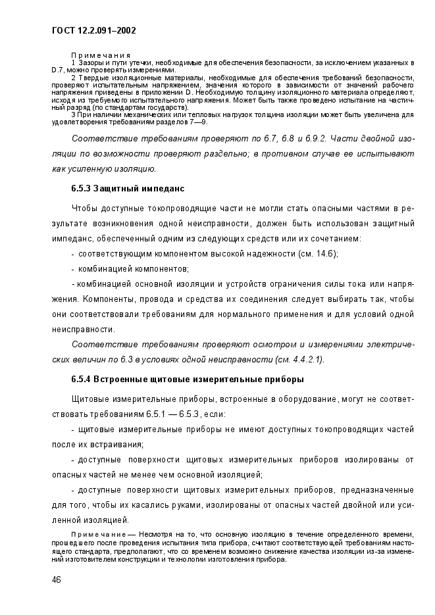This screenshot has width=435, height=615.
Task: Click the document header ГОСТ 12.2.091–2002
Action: pyautogui.click(x=93, y=30)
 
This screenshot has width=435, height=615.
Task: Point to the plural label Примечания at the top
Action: pyautogui.click(x=101, y=55)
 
